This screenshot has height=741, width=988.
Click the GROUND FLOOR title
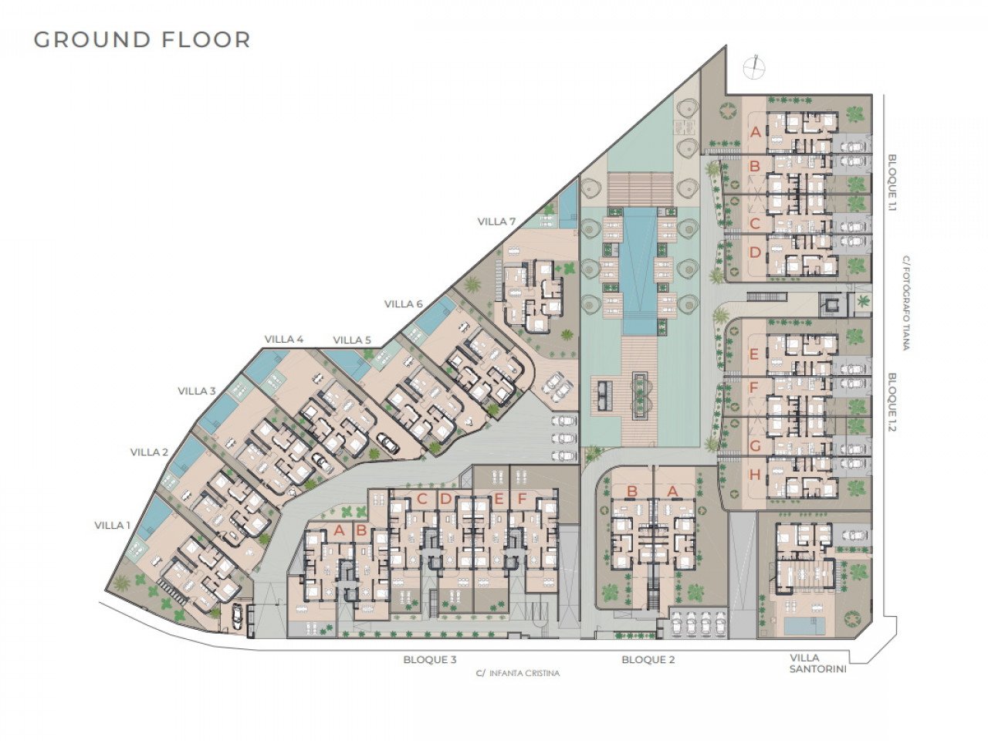142,39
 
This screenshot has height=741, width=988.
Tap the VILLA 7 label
496,222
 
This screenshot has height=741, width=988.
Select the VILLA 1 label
113,525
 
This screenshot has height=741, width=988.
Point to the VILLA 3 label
197,391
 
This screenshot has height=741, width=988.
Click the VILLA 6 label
403,304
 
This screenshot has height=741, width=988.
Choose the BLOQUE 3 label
430,660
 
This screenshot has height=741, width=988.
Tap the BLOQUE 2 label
648,660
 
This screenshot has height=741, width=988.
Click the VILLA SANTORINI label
818,664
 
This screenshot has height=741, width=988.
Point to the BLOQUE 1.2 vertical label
892,402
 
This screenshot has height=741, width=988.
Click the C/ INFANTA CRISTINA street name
518,674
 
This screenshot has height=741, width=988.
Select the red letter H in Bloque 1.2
756,474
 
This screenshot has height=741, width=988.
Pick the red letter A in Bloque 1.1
756,132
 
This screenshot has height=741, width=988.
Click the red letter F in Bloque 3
522,499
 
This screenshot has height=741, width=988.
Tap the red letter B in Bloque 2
632,492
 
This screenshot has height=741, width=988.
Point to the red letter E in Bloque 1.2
755,355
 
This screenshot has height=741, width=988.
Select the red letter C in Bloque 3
421,499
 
